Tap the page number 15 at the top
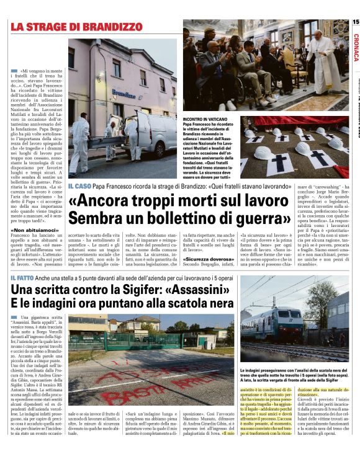click(355, 22)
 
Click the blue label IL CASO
click(79, 186)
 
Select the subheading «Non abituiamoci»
click(31, 230)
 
